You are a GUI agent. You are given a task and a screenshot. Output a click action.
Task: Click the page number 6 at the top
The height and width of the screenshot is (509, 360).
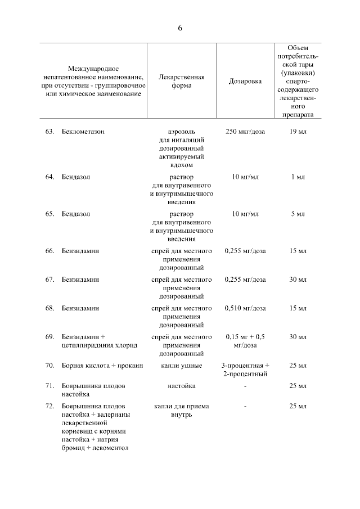point(180,28)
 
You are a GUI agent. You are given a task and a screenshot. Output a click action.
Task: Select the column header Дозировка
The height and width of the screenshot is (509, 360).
point(245,82)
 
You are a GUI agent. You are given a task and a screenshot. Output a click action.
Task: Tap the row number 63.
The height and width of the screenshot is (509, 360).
point(49,132)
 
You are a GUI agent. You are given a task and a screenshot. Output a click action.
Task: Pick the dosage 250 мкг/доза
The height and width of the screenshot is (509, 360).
point(245,132)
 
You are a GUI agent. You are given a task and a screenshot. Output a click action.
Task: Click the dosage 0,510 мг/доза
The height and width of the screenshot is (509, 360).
point(245,308)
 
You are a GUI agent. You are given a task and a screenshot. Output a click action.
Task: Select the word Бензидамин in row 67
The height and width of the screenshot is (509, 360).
point(80,280)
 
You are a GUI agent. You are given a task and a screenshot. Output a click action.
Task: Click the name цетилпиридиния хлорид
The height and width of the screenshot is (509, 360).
point(96,345)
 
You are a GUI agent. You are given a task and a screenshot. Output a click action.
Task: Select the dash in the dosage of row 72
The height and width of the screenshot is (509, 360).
point(245,406)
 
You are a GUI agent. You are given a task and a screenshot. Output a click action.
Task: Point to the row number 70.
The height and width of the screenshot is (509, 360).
point(49,366)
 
